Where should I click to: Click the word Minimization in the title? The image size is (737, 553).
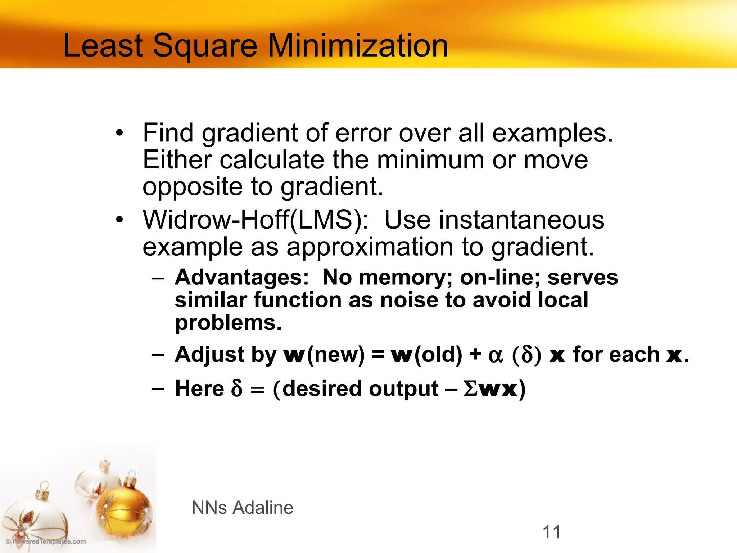pyautogui.click(x=358, y=46)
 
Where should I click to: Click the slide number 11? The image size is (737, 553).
pyautogui.click(x=551, y=532)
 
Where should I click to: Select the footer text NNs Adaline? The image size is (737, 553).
pyautogui.click(x=242, y=508)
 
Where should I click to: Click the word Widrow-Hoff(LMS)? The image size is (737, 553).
pyautogui.click(x=256, y=220)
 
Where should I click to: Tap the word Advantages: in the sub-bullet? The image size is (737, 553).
pyautogui.click(x=242, y=278)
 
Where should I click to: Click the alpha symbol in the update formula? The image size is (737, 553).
pyautogui.click(x=496, y=356)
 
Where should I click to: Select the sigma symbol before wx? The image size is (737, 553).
pyautogui.click(x=470, y=389)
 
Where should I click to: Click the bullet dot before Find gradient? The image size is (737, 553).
pyautogui.click(x=119, y=133)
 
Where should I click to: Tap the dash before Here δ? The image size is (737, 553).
pyautogui.click(x=158, y=389)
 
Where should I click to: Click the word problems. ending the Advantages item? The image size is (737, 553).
pyautogui.click(x=228, y=323)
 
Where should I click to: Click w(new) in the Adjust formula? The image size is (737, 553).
pyautogui.click(x=324, y=355)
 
